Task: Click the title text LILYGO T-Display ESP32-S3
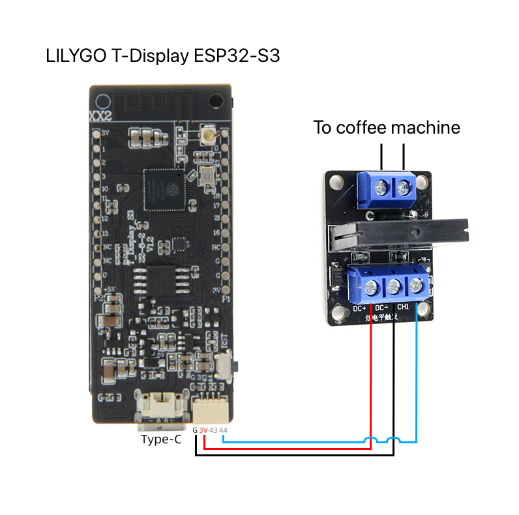(163, 55)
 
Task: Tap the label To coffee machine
(387, 127)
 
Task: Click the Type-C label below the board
(161, 439)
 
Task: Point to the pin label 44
(224, 430)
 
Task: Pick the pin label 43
(213, 430)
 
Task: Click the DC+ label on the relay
(360, 306)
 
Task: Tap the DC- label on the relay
(381, 306)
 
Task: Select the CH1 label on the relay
(403, 306)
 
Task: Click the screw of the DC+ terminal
(372, 286)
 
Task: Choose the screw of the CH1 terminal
(415, 285)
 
